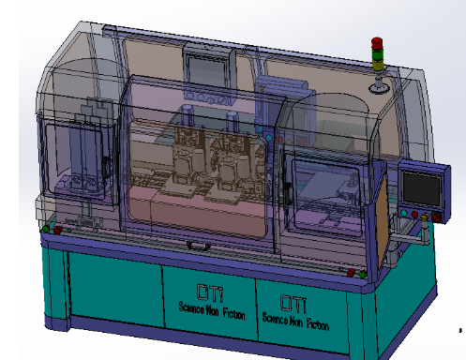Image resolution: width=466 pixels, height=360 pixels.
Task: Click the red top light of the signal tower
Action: [x=377, y=42]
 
